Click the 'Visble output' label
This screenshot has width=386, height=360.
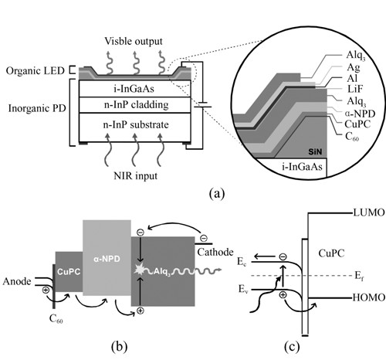[x=134, y=41]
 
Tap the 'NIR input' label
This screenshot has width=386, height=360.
[x=135, y=176]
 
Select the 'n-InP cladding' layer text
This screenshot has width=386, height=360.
[x=136, y=105]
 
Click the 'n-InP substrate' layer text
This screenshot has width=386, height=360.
[x=136, y=124]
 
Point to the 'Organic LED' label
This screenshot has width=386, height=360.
[x=35, y=71]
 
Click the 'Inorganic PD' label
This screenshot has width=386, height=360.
[x=37, y=108]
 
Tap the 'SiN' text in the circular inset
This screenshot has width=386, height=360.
[x=315, y=152]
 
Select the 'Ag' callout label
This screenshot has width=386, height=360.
[x=353, y=68]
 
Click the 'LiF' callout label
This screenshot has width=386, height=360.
[x=354, y=89]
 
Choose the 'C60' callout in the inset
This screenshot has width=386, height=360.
[x=352, y=137]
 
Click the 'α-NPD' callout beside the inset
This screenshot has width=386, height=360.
[x=360, y=114]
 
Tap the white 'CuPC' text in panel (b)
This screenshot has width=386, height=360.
[x=69, y=272]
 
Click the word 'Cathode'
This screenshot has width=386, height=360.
[x=215, y=252]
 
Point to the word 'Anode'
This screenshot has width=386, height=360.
[x=17, y=281]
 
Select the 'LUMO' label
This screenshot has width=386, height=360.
[x=369, y=212]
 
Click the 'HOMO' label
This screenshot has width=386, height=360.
[x=368, y=297]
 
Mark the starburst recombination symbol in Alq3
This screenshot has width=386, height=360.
[x=140, y=270]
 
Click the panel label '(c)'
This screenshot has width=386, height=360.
[x=292, y=347]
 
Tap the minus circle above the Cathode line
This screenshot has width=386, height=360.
[x=204, y=238]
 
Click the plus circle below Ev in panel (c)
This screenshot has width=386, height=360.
[x=283, y=294]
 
